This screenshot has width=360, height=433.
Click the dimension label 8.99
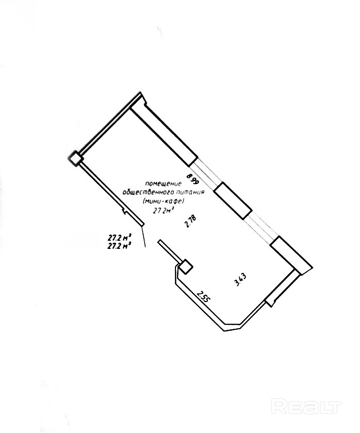pyautogui.click(x=191, y=180)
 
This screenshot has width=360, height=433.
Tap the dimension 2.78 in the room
pyautogui.click(x=191, y=222)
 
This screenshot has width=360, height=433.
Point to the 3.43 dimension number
pyautogui.click(x=241, y=280)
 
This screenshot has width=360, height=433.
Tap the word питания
pyautogui.click(x=190, y=193)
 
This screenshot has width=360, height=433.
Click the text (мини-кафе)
pyautogui.click(x=163, y=201)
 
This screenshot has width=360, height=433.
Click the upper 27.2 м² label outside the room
pyautogui.click(x=120, y=237)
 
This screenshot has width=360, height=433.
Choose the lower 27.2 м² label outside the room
pyautogui.click(x=120, y=245)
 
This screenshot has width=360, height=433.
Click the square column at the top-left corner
pyautogui.click(x=76, y=158)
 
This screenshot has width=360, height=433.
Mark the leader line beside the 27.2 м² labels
pyautogui.click(x=144, y=237)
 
